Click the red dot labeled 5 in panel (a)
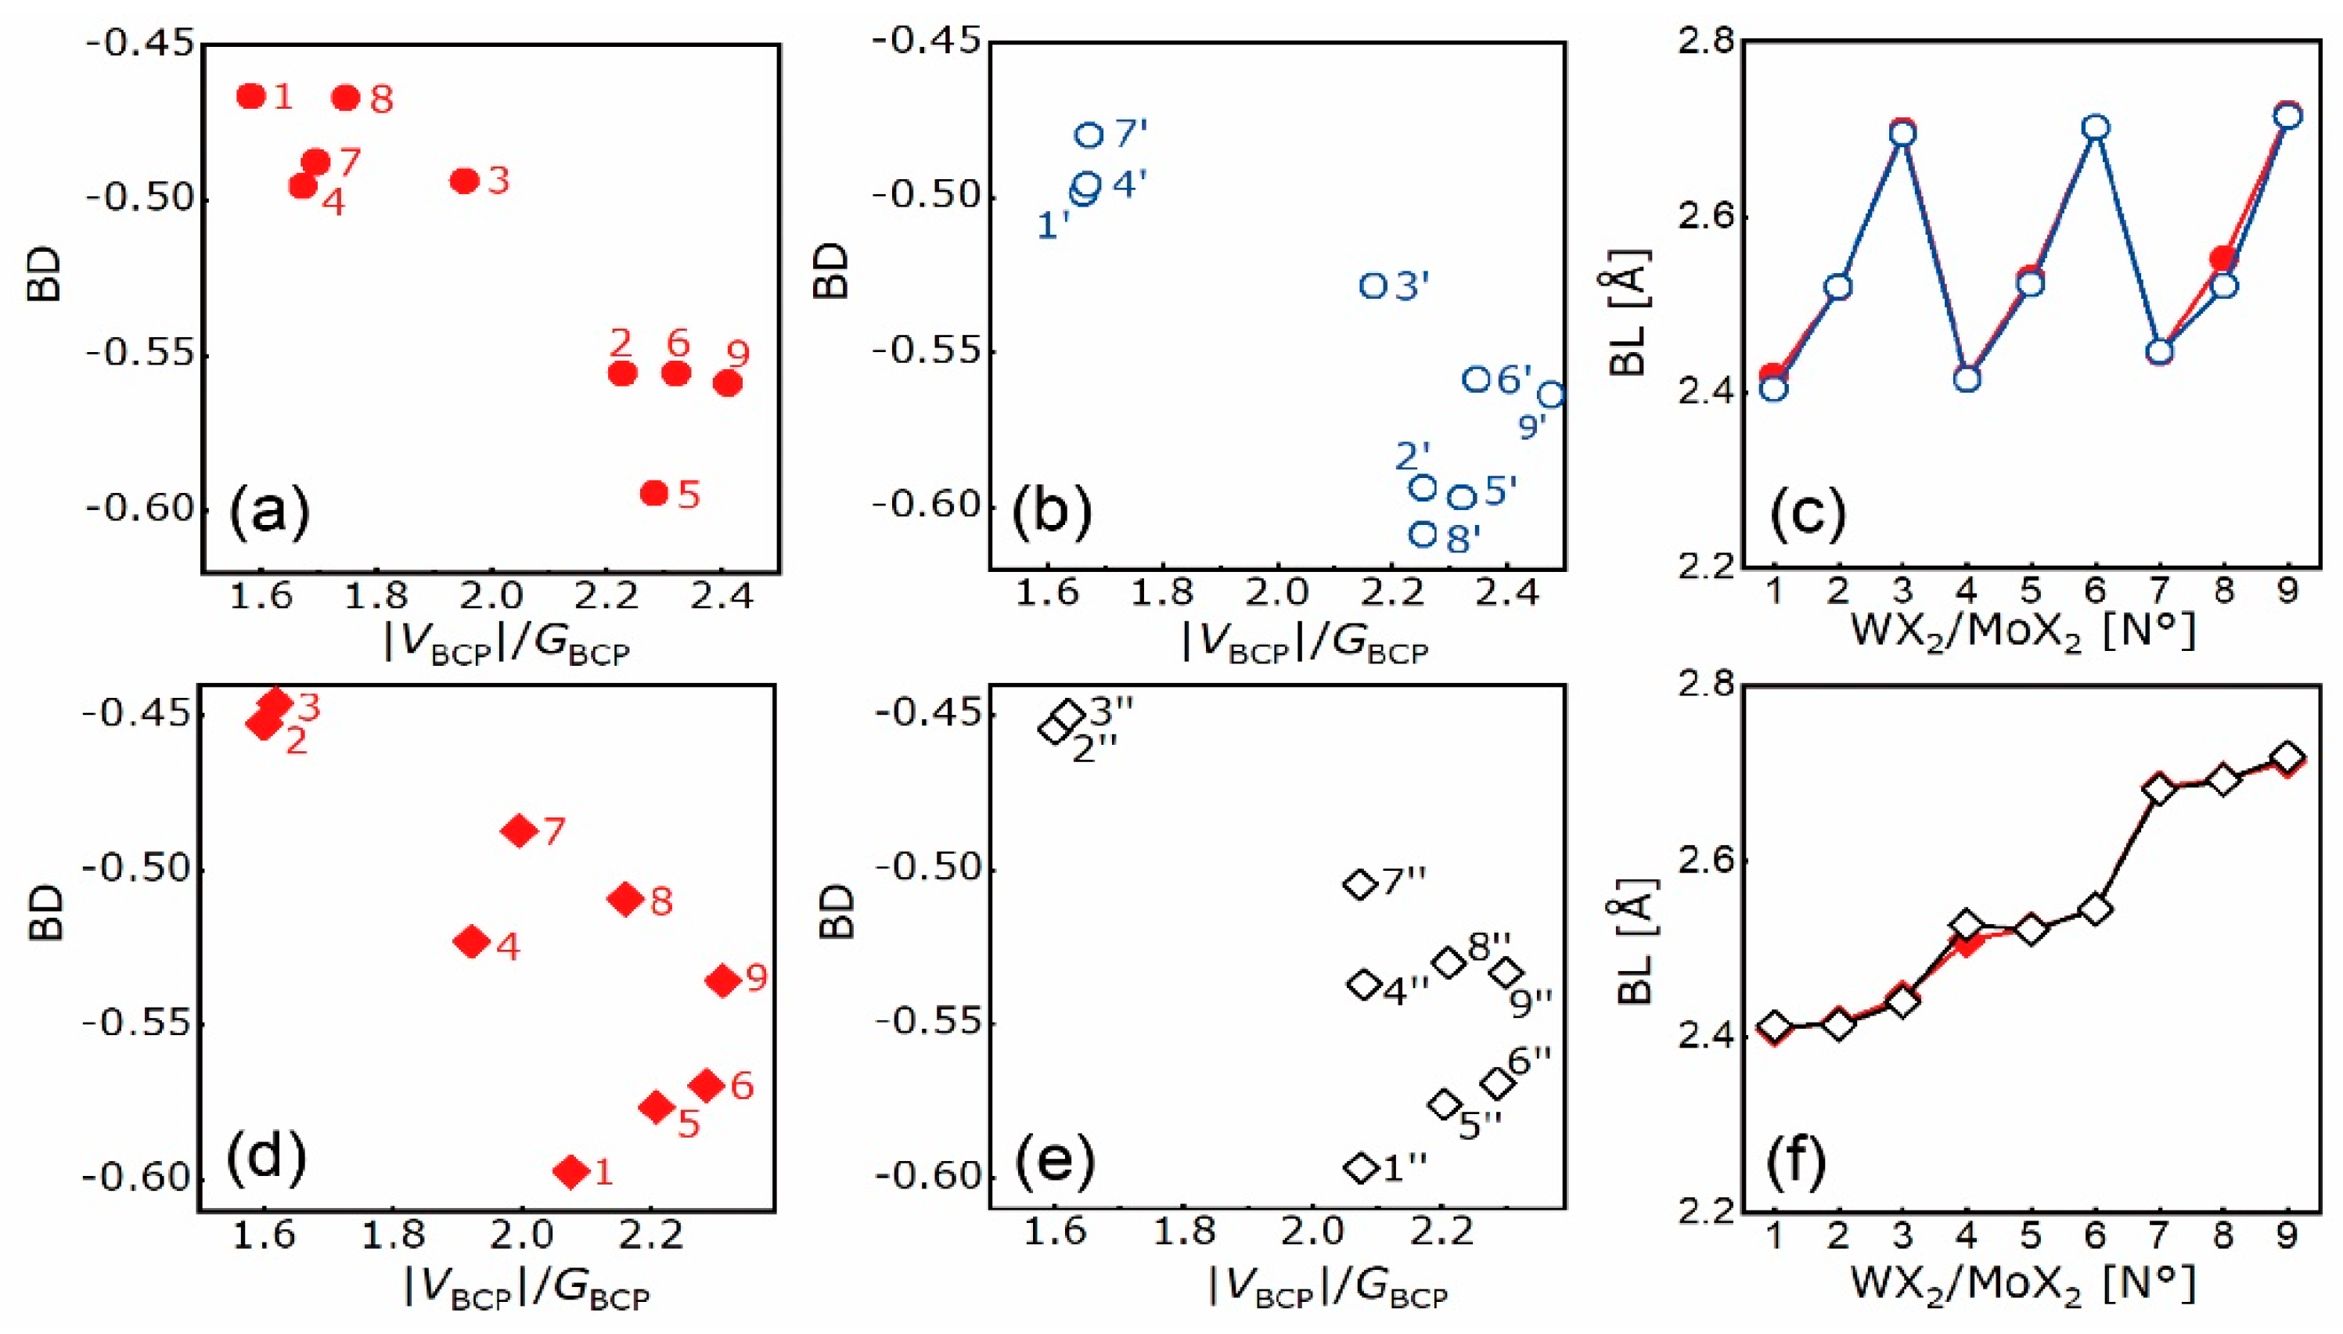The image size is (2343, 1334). click(653, 493)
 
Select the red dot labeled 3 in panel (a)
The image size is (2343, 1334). click(465, 181)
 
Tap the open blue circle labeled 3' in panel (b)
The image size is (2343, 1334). click(1373, 286)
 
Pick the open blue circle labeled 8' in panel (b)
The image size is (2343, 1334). click(1422, 534)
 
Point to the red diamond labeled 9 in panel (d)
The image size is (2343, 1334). click(723, 980)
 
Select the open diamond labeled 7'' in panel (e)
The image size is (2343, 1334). click(1360, 884)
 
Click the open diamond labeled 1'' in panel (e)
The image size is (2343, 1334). click(1361, 1168)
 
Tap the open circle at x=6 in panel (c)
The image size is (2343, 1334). click(2096, 128)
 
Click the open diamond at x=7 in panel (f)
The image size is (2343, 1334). click(2160, 789)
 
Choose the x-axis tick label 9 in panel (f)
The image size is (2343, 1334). click(2288, 1237)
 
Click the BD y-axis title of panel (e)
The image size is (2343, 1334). click(835, 912)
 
